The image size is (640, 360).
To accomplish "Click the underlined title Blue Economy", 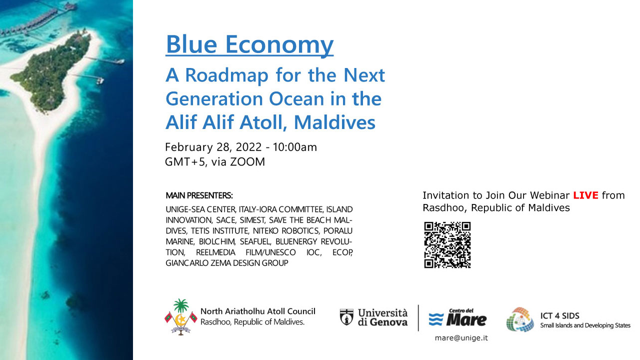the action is (249, 44).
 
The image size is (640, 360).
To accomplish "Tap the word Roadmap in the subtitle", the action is (227, 75).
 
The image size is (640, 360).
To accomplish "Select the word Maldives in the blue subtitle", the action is (334, 122).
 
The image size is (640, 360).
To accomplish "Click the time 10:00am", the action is (294, 147).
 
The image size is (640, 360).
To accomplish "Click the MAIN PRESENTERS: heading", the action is (199, 195).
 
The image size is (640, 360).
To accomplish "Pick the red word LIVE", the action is (585, 195).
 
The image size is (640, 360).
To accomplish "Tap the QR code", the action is (447, 245).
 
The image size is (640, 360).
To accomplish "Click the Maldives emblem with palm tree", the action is (181, 317).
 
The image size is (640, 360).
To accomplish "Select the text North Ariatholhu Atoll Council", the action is (257, 311).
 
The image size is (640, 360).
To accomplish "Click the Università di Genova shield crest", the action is (346, 317).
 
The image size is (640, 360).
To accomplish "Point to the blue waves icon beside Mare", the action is (436, 319).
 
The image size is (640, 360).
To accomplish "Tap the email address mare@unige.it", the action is (461, 338).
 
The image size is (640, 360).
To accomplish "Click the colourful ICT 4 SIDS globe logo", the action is (520, 319).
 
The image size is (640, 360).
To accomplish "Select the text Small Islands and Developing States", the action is (585, 325).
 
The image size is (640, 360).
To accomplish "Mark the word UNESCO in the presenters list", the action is (279, 252).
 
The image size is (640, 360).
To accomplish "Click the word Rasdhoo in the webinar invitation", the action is (443, 207).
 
